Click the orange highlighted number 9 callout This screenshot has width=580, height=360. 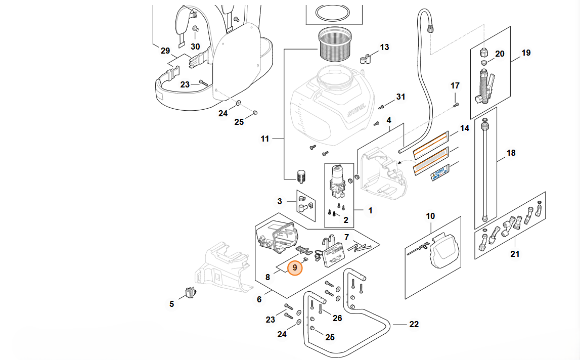[x=294, y=267]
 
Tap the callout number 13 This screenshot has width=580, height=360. [x=385, y=48]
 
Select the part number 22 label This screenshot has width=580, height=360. [x=414, y=325]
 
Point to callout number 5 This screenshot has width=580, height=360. [x=171, y=304]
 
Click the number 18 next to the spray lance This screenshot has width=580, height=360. [x=511, y=153]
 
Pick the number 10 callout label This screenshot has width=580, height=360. [x=430, y=216]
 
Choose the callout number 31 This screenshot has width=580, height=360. [x=401, y=97]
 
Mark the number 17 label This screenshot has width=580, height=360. [x=455, y=85]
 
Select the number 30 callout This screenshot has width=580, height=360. [x=195, y=47]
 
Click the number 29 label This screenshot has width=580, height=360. [x=165, y=51]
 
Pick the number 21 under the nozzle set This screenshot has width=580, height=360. [x=515, y=254]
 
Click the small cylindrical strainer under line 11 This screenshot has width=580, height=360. [x=302, y=176]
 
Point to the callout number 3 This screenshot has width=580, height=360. [x=280, y=202]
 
